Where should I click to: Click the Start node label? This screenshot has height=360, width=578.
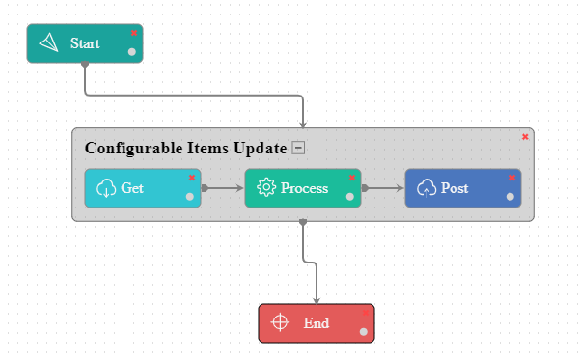[x=85, y=43]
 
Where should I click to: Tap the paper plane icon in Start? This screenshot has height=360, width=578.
[x=49, y=43]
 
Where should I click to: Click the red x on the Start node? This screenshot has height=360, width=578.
[x=134, y=33]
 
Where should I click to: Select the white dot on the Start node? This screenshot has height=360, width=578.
[x=132, y=52]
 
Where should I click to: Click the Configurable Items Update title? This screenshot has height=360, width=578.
[x=186, y=148]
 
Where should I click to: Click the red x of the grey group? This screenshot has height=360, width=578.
[x=525, y=137]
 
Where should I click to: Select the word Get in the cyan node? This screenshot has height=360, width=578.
[x=132, y=188]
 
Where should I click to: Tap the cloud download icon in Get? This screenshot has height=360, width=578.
[x=107, y=188]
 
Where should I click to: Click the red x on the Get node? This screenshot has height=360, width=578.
[x=192, y=178]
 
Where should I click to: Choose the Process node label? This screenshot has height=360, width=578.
[x=305, y=188]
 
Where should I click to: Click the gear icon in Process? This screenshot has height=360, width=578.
[x=267, y=188]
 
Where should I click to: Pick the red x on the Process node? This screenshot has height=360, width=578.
[x=352, y=178]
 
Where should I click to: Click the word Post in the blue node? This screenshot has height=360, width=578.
[x=454, y=188]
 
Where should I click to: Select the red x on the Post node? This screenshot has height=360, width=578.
[x=512, y=178]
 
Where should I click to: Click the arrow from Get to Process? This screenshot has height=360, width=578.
[x=223, y=188]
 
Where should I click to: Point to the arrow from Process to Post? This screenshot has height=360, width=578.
[x=383, y=188]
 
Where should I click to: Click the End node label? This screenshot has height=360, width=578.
[x=317, y=323]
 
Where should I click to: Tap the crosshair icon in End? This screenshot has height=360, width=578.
[x=280, y=323]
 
